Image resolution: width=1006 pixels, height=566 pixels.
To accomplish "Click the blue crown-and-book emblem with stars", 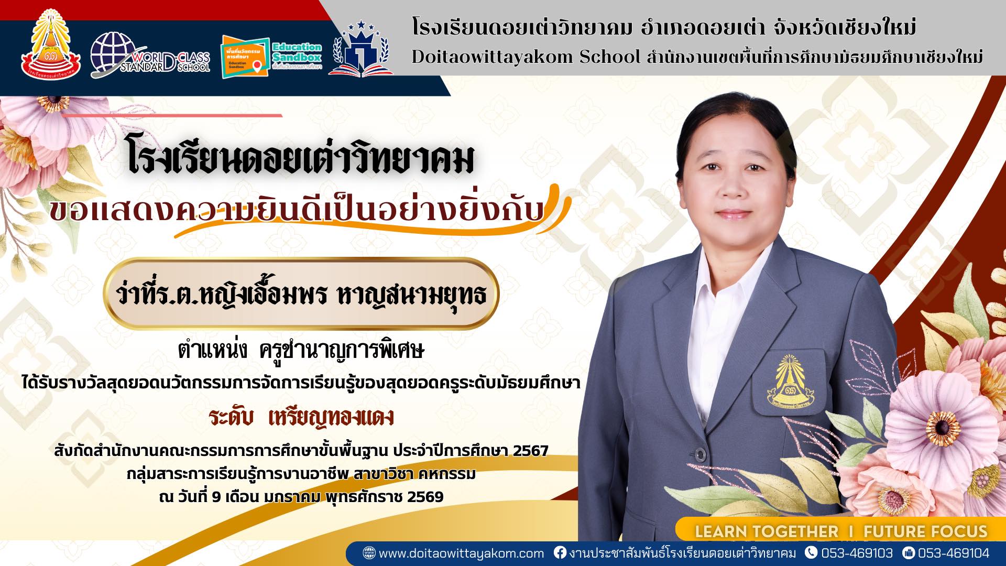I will point(362,50).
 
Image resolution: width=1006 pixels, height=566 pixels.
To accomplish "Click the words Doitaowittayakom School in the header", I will point(526,57).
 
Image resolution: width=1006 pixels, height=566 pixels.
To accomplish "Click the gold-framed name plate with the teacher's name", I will point(301,294).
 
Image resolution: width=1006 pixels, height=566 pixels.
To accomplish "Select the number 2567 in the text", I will point(530,451).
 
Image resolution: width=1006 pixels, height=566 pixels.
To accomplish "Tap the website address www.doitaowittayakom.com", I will point(461,553).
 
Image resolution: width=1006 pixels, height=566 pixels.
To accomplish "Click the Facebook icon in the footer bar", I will point(560,553).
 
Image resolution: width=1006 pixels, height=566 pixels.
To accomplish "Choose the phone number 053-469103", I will point(857,553).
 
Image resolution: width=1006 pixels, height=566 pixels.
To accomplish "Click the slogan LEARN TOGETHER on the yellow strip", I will point(766,532).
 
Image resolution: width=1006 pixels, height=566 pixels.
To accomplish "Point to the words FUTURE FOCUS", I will point(925,532).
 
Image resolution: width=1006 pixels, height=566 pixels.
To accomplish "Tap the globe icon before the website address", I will point(369,553).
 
